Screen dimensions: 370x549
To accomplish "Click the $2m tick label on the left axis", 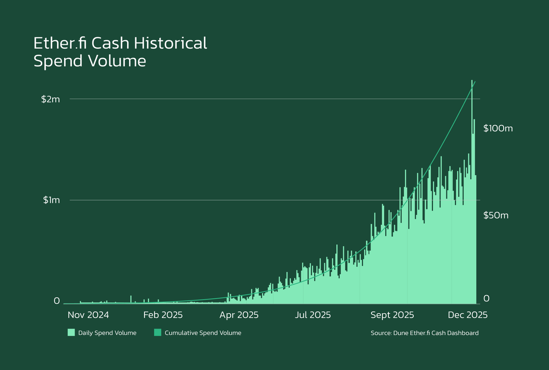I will (50, 99).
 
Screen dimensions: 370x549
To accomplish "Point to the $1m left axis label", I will (52, 200).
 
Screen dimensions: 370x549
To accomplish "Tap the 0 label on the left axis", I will (57, 301).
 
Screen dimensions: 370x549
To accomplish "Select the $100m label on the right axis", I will (498, 129).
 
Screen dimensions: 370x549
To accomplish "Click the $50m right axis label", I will (496, 215).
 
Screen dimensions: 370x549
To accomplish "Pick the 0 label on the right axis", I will (487, 299).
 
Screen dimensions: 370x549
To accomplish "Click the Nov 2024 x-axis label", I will (88, 315).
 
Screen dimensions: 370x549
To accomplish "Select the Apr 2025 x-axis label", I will (238, 315).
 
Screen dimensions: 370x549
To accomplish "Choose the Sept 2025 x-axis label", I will (392, 315).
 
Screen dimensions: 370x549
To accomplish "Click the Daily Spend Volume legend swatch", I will (71, 332).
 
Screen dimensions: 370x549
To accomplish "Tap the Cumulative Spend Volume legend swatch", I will (157, 332).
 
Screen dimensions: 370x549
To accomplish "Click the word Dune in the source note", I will (401, 333).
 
